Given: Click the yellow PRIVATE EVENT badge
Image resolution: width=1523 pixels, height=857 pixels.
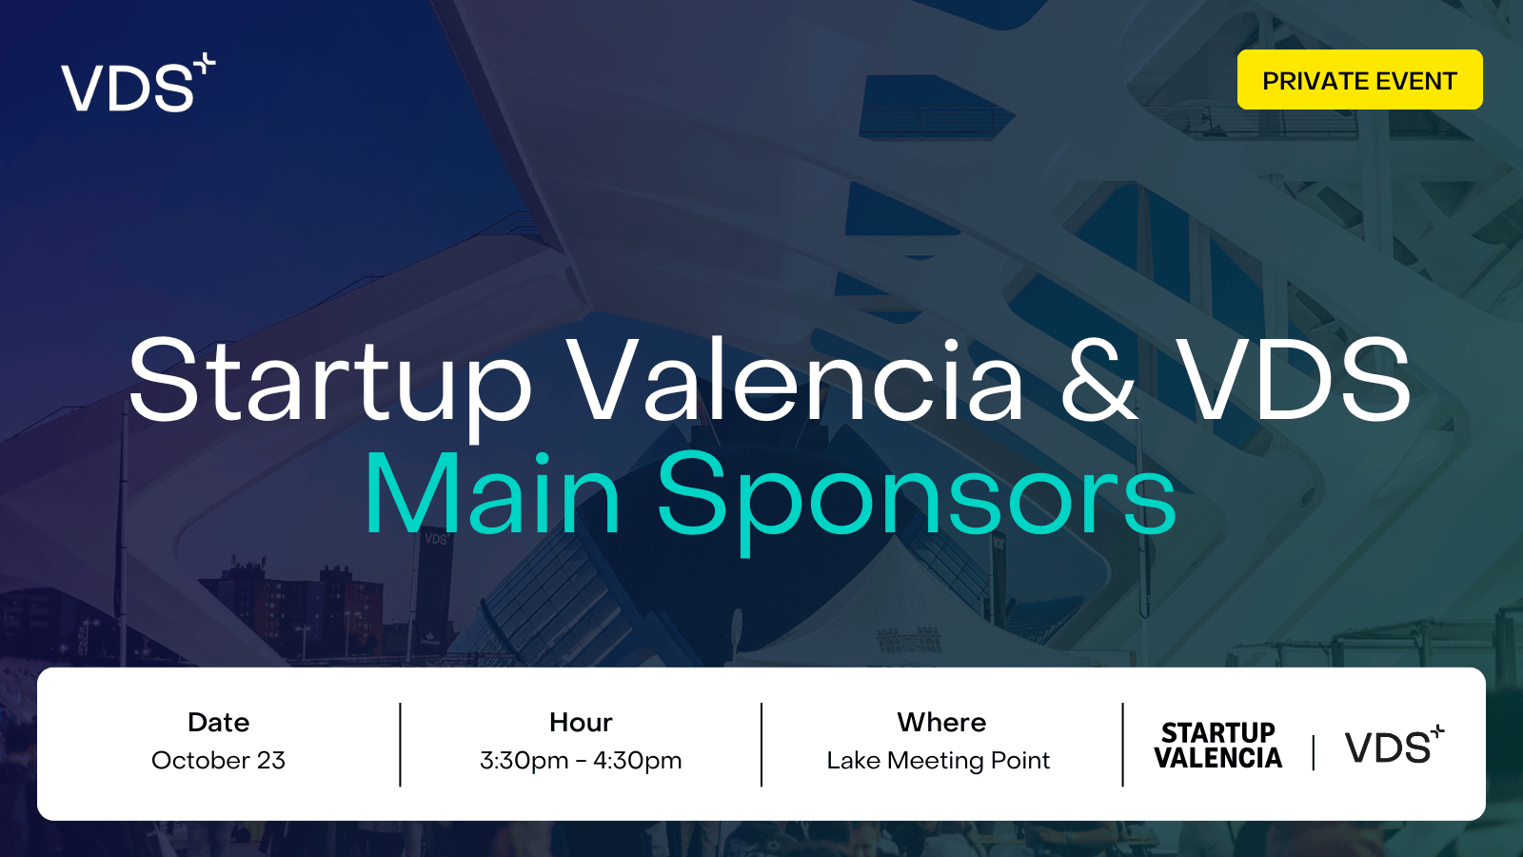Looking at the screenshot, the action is [1360, 80].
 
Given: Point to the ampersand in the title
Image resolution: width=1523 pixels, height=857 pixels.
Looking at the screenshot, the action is [1099, 380].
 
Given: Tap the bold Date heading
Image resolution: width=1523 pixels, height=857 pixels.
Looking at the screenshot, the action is [218, 723].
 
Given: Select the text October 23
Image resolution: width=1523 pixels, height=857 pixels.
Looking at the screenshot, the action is [218, 761].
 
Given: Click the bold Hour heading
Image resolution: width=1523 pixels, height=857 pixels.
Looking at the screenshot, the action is [581, 723].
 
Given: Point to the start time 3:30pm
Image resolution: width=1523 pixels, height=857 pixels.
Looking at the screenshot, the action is [524, 761].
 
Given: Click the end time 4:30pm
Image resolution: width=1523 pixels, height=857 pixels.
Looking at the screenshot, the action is [637, 761].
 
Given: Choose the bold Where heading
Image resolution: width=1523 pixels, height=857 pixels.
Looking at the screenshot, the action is [941, 723].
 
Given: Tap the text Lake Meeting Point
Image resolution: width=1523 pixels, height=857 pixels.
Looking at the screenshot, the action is [939, 761].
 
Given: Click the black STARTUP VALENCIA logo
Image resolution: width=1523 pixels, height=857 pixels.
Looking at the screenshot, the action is [1217, 746].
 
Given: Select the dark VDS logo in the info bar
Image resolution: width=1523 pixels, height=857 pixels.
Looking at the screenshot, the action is [1394, 745].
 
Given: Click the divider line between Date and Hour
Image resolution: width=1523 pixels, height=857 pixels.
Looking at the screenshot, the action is [401, 745].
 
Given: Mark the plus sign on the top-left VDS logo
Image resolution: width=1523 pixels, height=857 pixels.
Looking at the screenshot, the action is [204, 64].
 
